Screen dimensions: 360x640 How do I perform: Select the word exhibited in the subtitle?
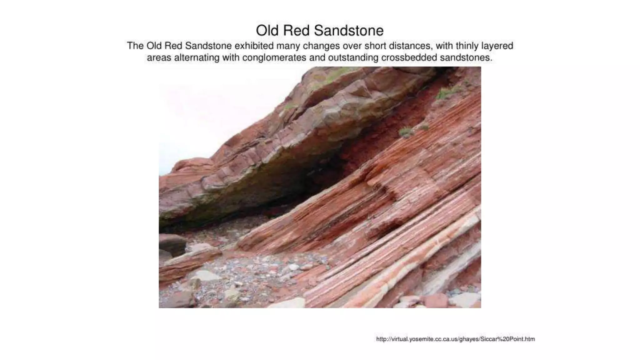click(254, 46)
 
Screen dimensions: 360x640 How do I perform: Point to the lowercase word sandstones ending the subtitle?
click(466, 58)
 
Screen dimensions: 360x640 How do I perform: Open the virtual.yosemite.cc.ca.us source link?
click(455, 339)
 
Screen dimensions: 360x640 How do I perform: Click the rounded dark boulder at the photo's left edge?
click(172, 244)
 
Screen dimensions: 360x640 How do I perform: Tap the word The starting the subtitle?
click(135, 46)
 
